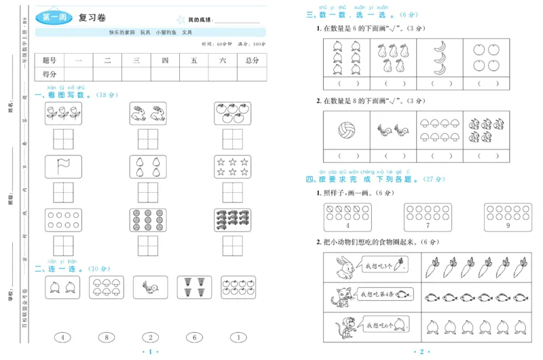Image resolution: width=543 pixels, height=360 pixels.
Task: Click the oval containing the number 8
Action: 106,337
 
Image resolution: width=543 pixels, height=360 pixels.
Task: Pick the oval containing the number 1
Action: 238,337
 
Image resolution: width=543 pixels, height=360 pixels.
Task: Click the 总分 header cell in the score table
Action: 252,60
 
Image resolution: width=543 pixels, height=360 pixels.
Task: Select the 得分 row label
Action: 50,74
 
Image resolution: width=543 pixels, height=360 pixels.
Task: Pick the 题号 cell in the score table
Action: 50,60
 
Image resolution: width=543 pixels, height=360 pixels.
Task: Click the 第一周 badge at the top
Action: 54,18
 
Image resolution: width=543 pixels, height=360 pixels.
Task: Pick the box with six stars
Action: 229,166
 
